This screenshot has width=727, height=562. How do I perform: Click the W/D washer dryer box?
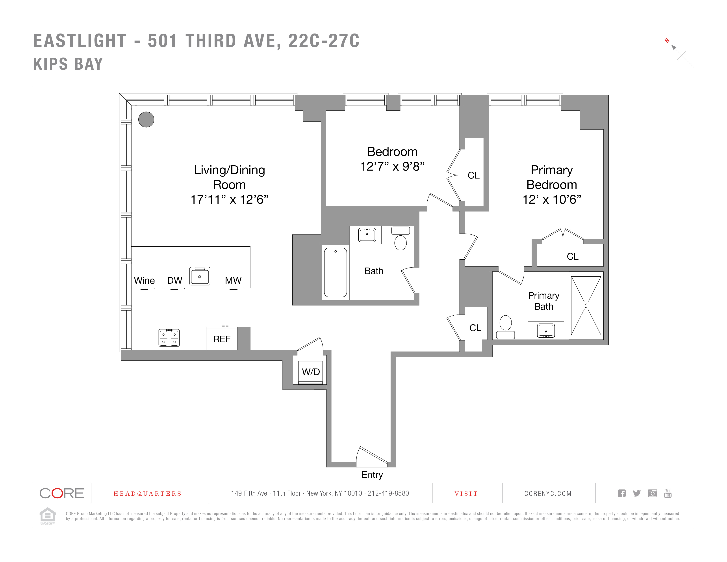click(311, 372)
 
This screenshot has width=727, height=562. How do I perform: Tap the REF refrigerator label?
click(222, 339)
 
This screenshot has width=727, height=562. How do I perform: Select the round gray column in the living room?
click(146, 119)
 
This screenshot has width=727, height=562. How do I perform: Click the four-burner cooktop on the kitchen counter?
click(169, 338)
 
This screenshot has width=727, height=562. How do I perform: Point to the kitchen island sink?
click(200, 276)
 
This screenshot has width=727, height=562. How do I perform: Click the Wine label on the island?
click(144, 280)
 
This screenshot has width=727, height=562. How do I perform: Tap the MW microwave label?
click(233, 280)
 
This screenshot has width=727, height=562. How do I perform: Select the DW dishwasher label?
click(174, 280)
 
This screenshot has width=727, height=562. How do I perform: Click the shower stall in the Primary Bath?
click(586, 306)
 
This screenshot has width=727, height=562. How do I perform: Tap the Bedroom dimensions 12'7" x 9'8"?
click(392, 166)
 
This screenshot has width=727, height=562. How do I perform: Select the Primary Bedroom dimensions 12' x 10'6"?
click(552, 199)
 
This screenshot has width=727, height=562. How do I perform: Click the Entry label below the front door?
click(372, 475)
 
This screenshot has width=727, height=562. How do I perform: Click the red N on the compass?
click(667, 41)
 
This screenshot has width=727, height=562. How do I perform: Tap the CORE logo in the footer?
click(62, 493)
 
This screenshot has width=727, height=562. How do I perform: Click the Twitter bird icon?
click(637, 493)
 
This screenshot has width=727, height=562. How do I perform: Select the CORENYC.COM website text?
click(548, 493)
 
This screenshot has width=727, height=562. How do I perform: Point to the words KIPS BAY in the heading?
click(68, 64)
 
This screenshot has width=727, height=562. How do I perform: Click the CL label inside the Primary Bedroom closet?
click(573, 256)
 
